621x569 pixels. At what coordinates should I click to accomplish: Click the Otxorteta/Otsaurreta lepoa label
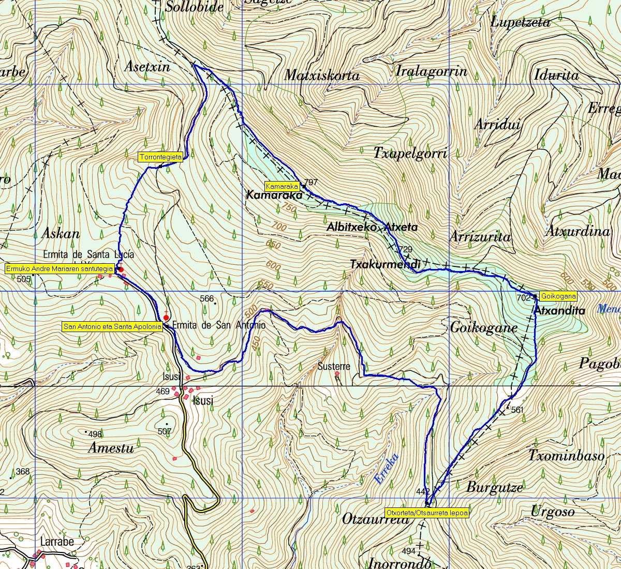(x=427, y=513)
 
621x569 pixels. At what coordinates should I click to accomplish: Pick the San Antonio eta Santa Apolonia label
(x=112, y=326)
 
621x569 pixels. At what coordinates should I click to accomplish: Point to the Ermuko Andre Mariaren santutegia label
(x=60, y=268)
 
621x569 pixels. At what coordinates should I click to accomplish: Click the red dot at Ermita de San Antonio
(x=166, y=318)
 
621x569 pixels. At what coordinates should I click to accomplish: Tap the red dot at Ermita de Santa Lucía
(x=120, y=269)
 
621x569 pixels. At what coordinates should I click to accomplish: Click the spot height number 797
(x=311, y=183)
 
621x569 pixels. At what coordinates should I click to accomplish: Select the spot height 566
(x=206, y=298)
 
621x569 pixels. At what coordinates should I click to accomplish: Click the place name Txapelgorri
(x=410, y=153)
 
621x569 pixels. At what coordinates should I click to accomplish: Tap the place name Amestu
(x=111, y=448)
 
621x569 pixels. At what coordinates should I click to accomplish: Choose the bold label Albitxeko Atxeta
(x=372, y=227)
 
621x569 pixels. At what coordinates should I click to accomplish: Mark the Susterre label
(x=334, y=366)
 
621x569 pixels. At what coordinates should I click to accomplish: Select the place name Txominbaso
(x=566, y=456)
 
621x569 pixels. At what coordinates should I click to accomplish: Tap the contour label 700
(x=279, y=227)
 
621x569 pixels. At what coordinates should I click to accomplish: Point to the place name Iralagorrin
(x=431, y=71)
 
